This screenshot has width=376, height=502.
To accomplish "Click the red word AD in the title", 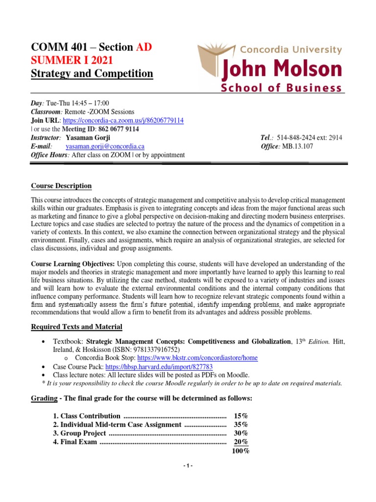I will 144,48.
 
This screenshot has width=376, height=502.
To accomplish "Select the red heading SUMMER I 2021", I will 72,61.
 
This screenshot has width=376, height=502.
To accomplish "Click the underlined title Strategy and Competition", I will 92,74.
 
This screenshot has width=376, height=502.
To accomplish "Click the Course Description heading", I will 61,186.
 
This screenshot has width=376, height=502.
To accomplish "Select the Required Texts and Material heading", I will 77,327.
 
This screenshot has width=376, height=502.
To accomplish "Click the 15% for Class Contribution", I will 241,416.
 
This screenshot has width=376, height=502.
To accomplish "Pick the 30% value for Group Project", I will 241,433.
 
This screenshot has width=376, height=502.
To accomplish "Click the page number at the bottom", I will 188,466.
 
